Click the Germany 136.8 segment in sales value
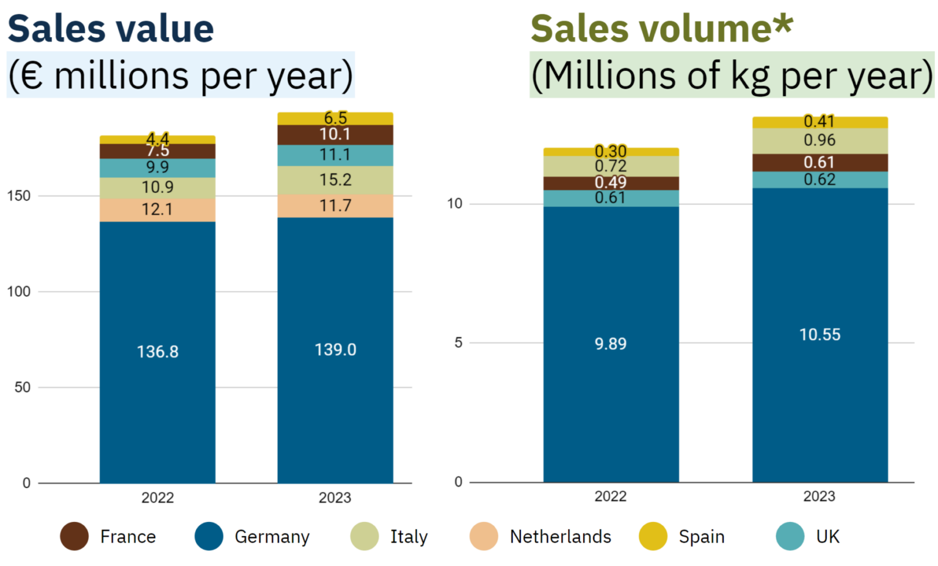(158, 352)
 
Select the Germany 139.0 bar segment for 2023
(335, 350)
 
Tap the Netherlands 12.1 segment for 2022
(158, 209)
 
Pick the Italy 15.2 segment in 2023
(335, 180)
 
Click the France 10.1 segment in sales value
(335, 134)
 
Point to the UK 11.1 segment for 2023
(335, 155)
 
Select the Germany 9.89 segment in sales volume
(611, 344)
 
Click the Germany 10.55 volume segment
(820, 335)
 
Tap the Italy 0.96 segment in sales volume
(820, 140)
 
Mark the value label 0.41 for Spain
(819, 122)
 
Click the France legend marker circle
(75, 537)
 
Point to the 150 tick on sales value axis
(19, 196)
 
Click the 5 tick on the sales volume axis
(458, 343)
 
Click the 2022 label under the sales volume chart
(611, 496)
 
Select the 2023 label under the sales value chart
(335, 498)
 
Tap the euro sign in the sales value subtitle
(33, 76)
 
